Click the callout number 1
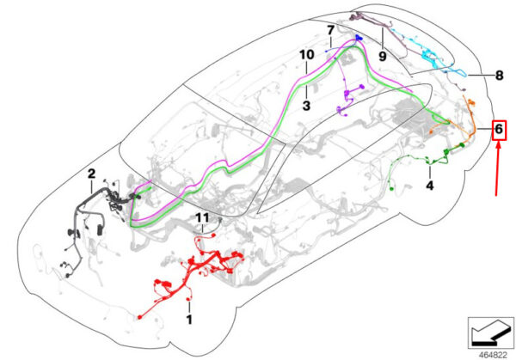[190, 320]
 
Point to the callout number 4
[430, 183]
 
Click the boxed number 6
[500, 130]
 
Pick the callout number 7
[329, 31]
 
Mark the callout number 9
[383, 56]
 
